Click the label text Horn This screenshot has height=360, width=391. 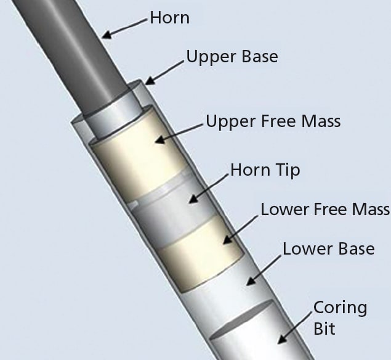tap(169, 18)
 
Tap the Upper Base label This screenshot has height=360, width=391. tap(232, 57)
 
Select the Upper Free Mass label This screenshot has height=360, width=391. tap(273, 121)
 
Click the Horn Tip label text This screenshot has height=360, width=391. tap(265, 169)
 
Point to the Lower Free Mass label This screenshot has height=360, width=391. tap(325, 209)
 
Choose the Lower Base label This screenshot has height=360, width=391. tap(328, 248)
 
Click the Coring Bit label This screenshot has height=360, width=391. tap(331, 317)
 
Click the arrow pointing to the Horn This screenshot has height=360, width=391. tap(126, 28)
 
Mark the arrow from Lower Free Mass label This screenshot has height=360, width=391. tap(241, 224)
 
